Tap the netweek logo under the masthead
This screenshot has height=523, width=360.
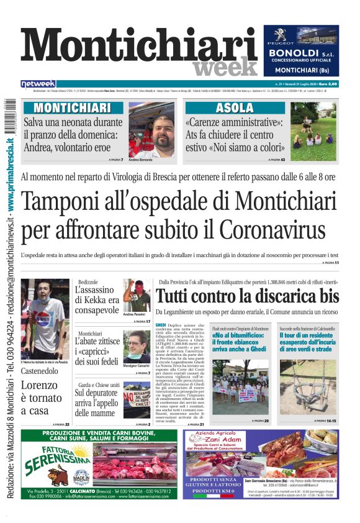[38, 83]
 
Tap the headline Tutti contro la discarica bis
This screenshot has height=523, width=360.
[247, 296]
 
